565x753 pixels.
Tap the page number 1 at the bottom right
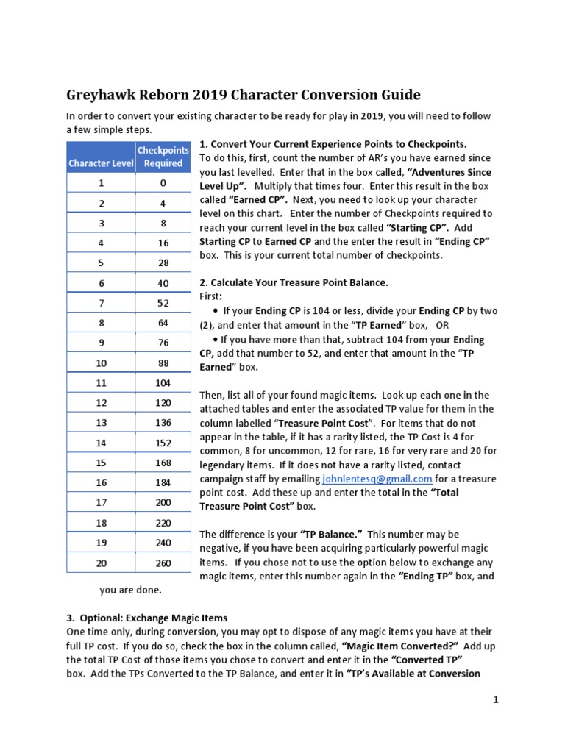pos(496,700)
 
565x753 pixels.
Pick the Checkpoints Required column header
pos(163,157)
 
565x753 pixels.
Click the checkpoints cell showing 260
pos(163,563)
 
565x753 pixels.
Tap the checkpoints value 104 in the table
pos(163,383)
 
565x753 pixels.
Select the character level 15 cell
pos(101,463)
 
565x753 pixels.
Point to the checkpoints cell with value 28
pos(163,263)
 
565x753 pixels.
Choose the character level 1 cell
pos(101,183)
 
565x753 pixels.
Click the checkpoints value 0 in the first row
pos(163,183)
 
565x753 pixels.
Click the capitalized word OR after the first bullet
pos(442,324)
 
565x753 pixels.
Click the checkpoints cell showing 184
pos(163,482)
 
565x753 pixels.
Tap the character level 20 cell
pos(101,563)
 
